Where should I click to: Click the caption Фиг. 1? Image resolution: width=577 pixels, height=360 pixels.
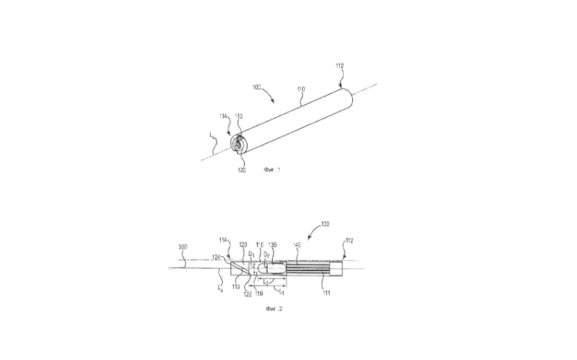[272, 169]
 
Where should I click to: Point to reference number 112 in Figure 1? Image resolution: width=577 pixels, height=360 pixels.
[340, 66]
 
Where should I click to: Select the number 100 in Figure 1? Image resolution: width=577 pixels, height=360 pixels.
[257, 88]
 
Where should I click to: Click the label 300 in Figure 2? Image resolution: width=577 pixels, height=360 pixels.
[183, 247]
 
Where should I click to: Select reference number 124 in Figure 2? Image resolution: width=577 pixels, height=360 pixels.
[217, 258]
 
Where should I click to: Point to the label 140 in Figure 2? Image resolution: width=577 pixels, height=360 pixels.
[296, 245]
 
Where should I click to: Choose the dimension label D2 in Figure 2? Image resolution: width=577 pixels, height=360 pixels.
[267, 255]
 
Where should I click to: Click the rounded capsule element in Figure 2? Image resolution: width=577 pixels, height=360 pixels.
[273, 267]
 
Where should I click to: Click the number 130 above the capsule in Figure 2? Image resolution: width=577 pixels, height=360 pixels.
[273, 245]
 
